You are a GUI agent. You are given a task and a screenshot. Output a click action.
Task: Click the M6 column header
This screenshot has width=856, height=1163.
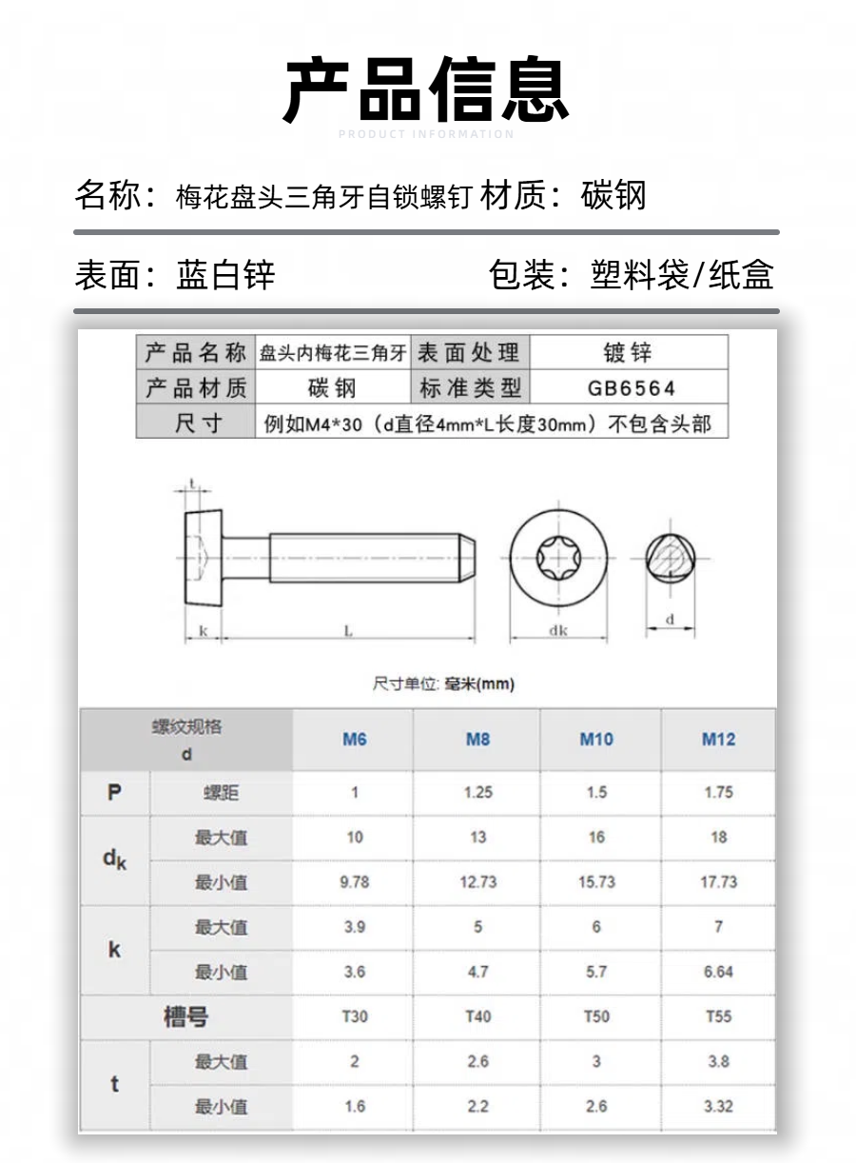(354, 739)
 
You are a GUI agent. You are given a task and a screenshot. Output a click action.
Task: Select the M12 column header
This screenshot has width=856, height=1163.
(718, 739)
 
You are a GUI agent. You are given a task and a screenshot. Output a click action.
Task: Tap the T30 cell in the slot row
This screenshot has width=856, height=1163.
(354, 1016)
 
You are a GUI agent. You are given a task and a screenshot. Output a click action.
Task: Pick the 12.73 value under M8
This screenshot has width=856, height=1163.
(477, 882)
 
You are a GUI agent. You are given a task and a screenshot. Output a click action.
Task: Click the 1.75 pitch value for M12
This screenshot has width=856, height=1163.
(718, 792)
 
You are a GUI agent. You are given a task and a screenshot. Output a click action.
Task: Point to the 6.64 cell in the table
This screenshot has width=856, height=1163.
(718, 972)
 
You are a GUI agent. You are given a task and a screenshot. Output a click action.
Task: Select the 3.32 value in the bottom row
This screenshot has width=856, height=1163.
(718, 1106)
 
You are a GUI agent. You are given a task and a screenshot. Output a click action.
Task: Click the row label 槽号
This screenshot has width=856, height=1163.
(185, 1017)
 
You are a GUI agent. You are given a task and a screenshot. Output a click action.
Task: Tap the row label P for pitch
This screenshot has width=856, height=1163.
(115, 792)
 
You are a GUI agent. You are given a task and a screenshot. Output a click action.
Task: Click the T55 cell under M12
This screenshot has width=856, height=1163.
(718, 1016)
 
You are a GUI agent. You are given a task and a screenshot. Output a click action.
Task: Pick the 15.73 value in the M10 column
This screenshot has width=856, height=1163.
(596, 882)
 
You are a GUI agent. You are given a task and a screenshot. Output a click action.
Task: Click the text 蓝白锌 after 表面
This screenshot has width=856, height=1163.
(225, 275)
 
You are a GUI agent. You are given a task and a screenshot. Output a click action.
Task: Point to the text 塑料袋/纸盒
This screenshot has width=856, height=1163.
(682, 275)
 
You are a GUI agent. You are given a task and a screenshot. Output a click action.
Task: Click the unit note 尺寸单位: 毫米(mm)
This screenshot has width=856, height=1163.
(443, 684)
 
